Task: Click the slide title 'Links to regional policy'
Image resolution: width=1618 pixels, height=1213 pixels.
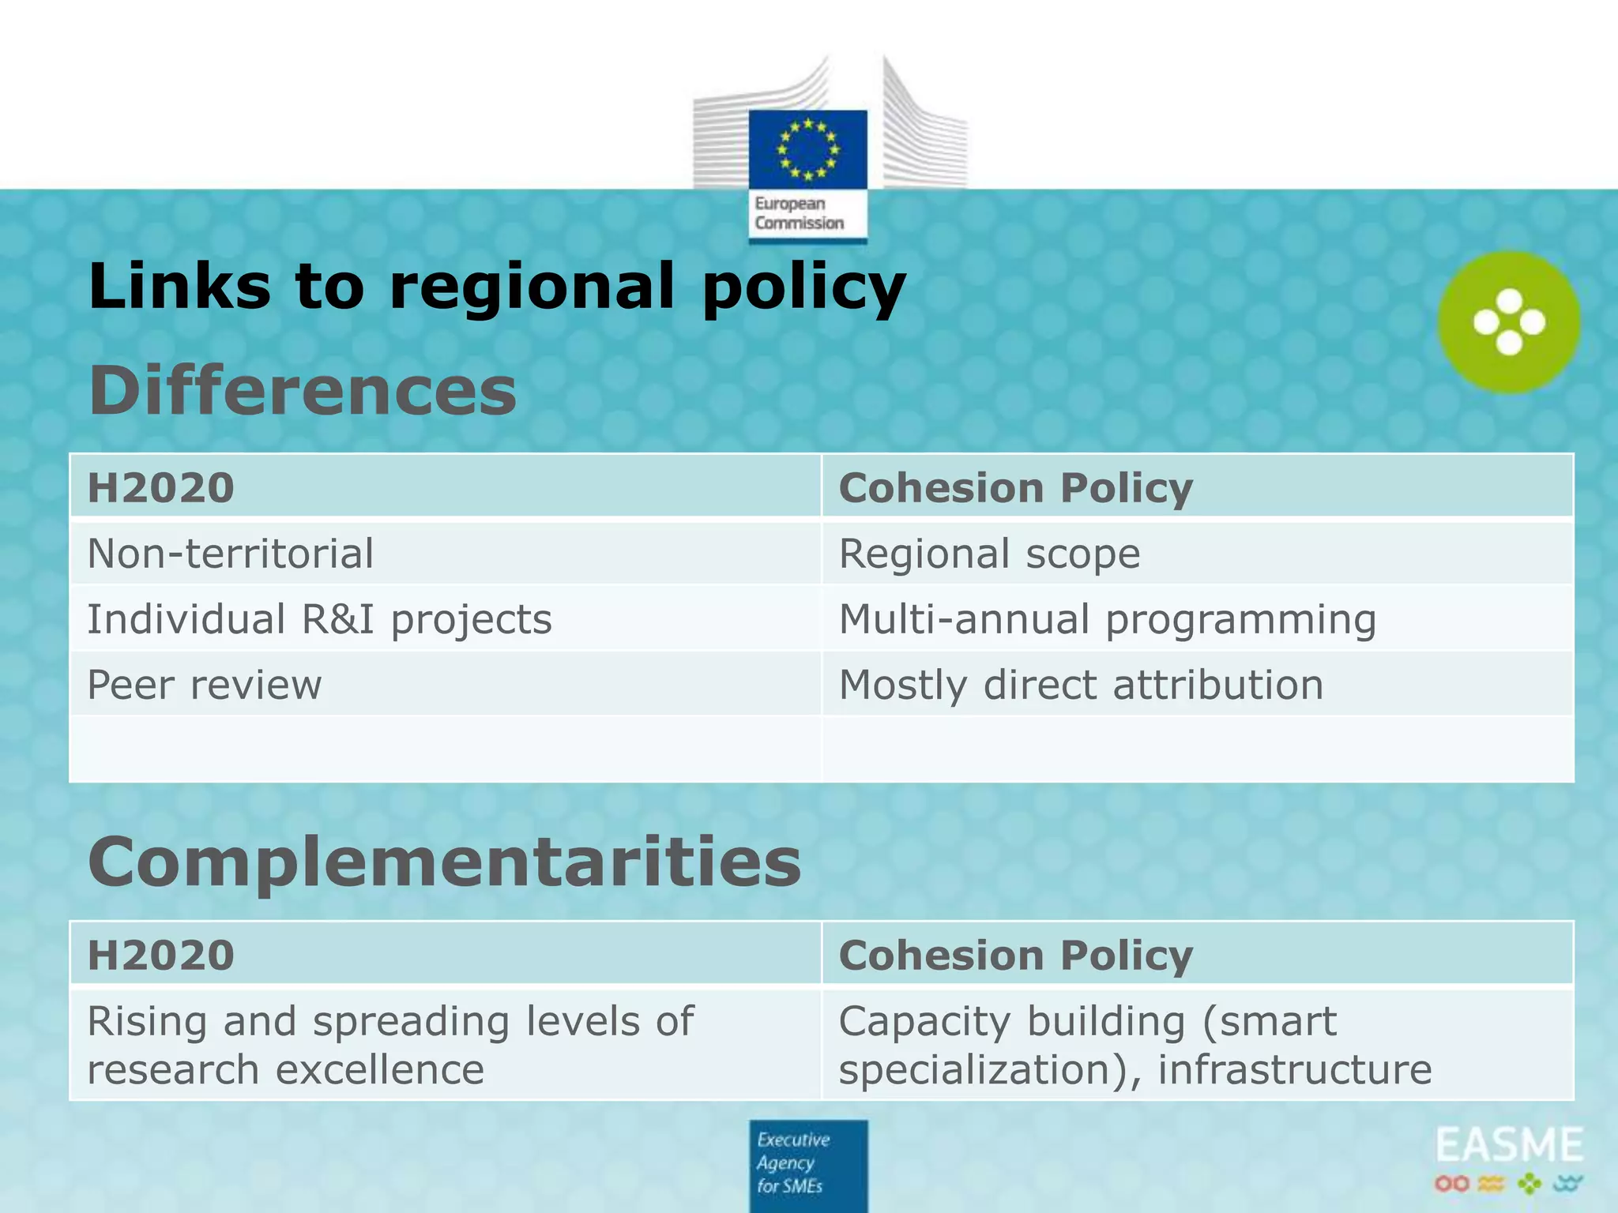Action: point(497,286)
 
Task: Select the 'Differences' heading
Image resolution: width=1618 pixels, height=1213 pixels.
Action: point(303,390)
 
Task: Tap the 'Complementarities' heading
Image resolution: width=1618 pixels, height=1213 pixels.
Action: point(445,862)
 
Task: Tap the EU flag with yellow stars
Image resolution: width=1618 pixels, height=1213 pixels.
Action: point(807,149)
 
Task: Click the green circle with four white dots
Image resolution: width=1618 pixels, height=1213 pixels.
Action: point(1509,322)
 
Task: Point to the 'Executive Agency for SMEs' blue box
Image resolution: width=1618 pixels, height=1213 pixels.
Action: point(807,1164)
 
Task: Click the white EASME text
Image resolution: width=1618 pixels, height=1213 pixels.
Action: point(1509,1146)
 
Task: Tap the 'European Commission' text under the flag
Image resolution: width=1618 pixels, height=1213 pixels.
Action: point(799,213)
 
